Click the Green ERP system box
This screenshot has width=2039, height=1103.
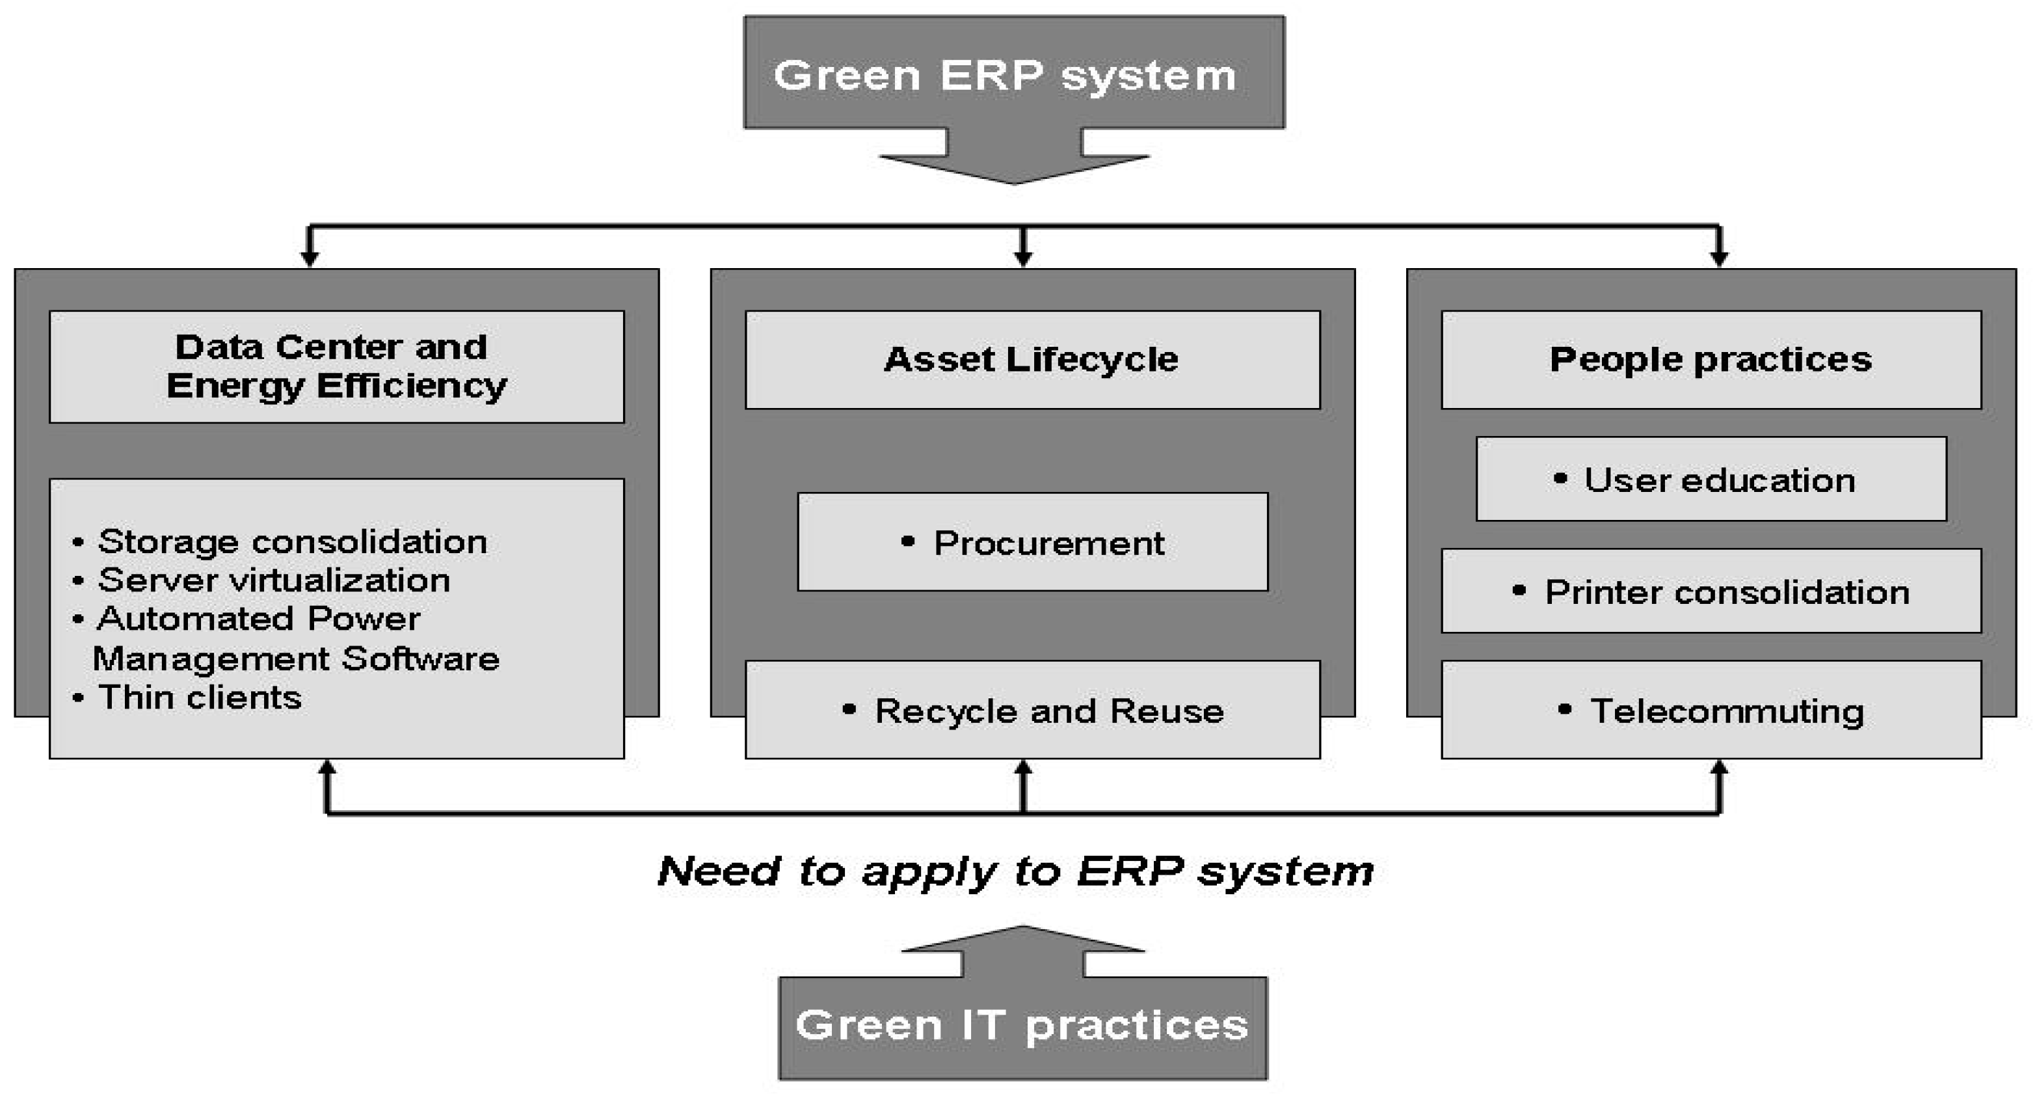[1014, 73]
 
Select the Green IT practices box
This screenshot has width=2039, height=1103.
[1022, 1026]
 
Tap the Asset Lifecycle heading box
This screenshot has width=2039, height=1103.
[1032, 359]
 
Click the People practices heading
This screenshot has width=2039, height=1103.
[1711, 359]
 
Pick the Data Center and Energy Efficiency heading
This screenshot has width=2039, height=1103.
[336, 366]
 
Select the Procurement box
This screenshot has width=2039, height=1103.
[1032, 543]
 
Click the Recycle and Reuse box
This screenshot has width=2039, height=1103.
[1032, 710]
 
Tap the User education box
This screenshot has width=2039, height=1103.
[1711, 480]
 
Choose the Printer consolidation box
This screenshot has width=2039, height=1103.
[1711, 592]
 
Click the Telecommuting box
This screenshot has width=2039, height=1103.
[1711, 710]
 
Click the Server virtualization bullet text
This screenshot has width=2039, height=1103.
[274, 580]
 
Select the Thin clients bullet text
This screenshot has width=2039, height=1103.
[200, 698]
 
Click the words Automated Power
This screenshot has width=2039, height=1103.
[258, 618]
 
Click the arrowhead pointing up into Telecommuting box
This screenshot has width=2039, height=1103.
[1718, 768]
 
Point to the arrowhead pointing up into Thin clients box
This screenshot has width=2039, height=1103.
[327, 768]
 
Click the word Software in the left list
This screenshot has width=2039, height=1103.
[420, 659]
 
